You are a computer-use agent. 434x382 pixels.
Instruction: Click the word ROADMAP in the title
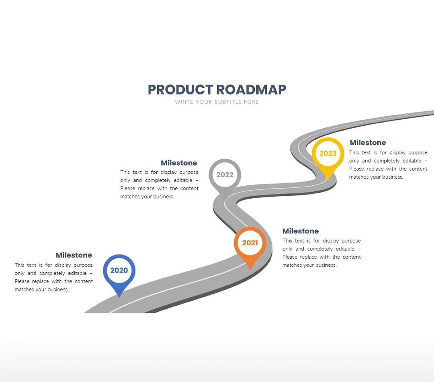pyautogui.click(x=251, y=90)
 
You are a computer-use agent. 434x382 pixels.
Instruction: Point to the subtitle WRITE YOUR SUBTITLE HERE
pyautogui.click(x=217, y=102)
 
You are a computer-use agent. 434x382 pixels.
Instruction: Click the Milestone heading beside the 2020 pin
pyautogui.click(x=74, y=255)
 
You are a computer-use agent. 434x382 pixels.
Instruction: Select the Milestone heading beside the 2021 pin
pyautogui.click(x=301, y=231)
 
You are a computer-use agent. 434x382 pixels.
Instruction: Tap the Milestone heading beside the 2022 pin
pyautogui.click(x=179, y=163)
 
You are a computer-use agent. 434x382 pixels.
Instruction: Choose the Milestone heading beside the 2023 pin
pyautogui.click(x=368, y=143)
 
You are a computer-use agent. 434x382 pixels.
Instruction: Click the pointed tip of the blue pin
pyautogui.click(x=119, y=297)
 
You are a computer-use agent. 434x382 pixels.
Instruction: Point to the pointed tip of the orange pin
pyautogui.click(x=250, y=269)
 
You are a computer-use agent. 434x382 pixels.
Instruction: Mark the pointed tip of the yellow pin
pyautogui.click(x=328, y=180)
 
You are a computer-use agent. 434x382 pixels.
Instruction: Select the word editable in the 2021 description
pyautogui.click(x=345, y=249)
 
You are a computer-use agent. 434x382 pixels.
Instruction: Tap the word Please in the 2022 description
pyautogui.click(x=128, y=188)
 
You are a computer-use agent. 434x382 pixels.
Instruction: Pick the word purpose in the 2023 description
pyautogui.click(x=418, y=153)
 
